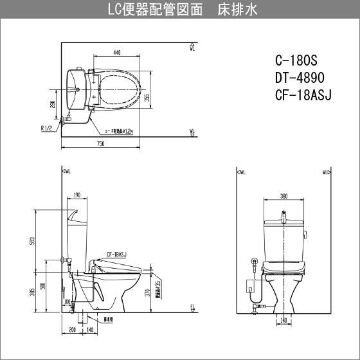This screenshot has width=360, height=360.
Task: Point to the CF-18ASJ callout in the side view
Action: pos(116,254)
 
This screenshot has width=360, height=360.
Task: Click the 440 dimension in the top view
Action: pos(116,53)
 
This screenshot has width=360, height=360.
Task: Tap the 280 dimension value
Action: pos(53,104)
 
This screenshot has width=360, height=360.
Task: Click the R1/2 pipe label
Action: pos(47,128)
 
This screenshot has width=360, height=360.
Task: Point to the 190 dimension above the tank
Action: pos(76,195)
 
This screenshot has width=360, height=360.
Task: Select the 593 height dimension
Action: pos(32,242)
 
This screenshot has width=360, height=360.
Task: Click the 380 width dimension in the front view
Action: pos(283,197)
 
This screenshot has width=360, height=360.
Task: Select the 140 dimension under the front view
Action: pos(283,319)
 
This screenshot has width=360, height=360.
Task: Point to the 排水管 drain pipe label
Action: pos(93,318)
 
